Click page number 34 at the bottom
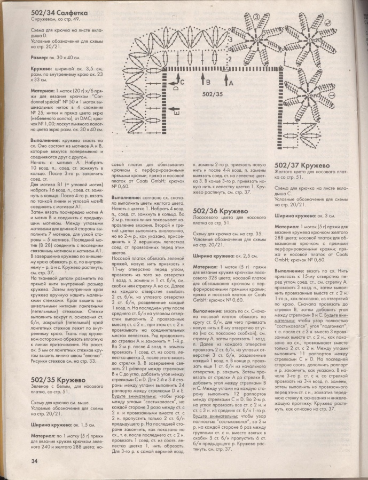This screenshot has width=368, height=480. point(20,460)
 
